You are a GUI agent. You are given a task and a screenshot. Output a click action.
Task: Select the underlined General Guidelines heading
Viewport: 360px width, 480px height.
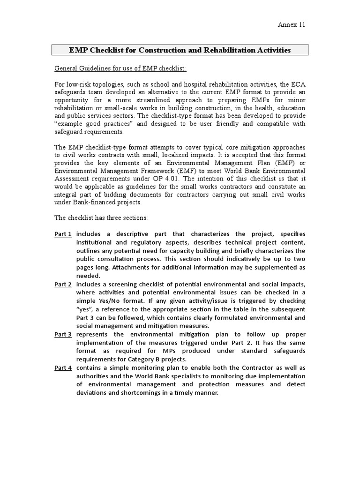tap(120, 69)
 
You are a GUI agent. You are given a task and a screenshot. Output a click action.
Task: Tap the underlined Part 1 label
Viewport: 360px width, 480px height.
tap(63, 234)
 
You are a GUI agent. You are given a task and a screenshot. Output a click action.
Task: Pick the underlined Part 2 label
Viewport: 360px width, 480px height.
tap(63, 285)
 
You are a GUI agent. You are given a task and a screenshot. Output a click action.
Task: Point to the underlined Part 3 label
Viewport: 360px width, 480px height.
tap(63, 334)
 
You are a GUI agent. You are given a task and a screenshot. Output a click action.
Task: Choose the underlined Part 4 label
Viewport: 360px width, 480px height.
tap(63, 368)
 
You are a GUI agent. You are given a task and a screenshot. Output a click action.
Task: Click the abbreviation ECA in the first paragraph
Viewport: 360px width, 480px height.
tap(299, 84)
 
